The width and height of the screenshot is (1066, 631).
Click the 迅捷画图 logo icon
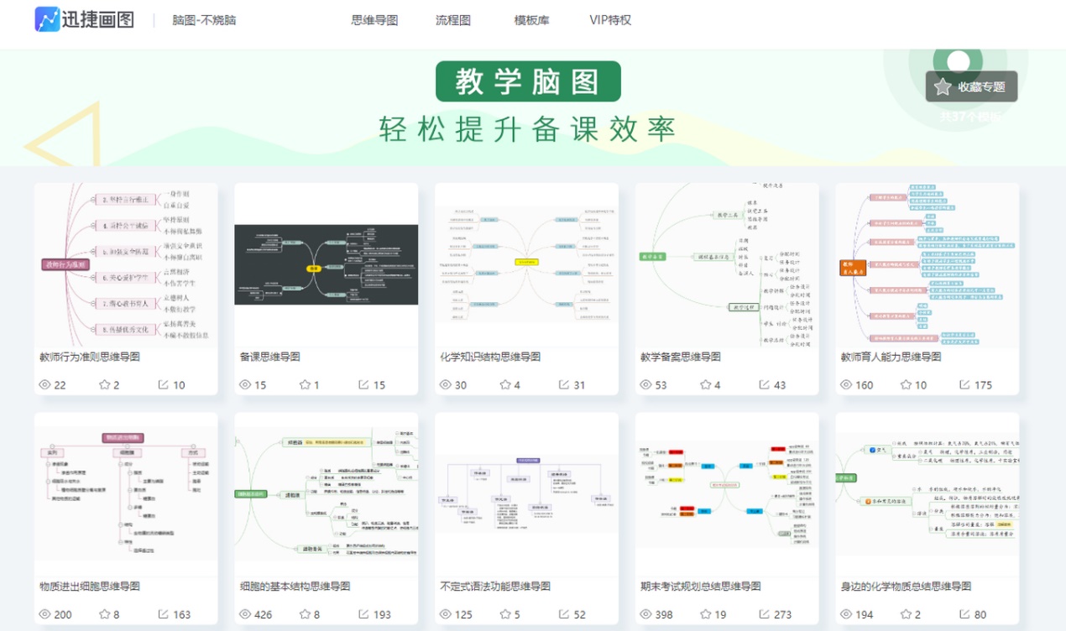[x=47, y=19]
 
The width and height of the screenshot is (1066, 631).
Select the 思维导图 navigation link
[x=374, y=20]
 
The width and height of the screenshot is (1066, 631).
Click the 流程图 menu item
[x=453, y=20]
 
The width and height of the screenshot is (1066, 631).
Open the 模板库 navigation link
[x=531, y=20]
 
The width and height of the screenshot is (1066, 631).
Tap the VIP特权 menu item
[x=610, y=20]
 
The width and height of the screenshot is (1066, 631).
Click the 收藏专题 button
[x=971, y=86]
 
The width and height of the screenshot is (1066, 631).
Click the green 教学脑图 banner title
[x=528, y=81]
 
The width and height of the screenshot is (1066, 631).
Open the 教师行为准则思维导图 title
[x=90, y=357]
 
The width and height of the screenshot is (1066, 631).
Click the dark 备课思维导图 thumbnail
[x=326, y=265]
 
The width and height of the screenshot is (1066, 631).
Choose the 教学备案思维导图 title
[x=680, y=357]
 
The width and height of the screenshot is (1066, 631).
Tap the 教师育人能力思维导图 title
[x=891, y=357]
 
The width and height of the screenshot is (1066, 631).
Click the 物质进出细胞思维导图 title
[x=90, y=587]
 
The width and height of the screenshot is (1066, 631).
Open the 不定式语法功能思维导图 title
[x=495, y=587]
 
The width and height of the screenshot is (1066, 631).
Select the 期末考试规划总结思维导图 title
[x=701, y=587]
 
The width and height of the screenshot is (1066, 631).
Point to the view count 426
[x=263, y=614]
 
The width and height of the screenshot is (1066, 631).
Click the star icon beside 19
[x=704, y=614]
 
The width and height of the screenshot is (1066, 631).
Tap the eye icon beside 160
[x=845, y=385]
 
